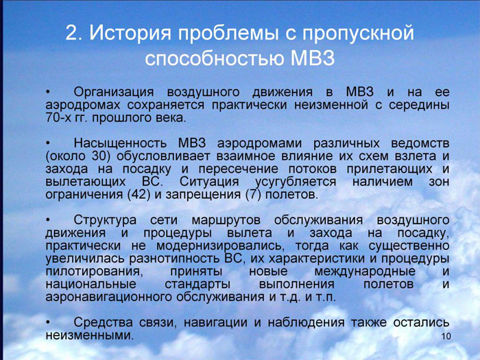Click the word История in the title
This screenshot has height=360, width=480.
130,34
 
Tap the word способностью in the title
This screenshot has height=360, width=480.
214,58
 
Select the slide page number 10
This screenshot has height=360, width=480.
446,336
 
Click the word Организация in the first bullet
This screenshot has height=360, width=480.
114,93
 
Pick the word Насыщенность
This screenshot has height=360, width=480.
120,143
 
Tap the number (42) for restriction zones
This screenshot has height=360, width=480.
139,195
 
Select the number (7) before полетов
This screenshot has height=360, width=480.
254,195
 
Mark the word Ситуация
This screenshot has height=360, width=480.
208,182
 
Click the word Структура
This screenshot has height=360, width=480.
105,220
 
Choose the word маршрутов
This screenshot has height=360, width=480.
226,220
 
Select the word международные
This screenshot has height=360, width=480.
365,272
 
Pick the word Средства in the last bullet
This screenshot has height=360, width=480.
103,323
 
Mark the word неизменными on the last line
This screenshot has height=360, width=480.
90,335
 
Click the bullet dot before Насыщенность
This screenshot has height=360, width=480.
48,143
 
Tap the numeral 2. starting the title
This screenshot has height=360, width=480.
72,34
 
